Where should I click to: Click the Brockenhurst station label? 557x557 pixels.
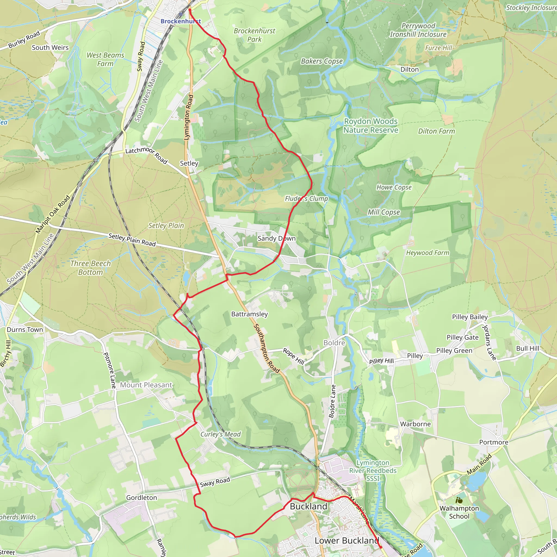(181, 21)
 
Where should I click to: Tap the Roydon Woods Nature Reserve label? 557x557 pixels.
(371, 126)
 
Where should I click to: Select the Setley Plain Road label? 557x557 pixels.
(132, 240)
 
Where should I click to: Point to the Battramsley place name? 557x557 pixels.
(249, 314)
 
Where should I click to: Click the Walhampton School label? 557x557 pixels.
(459, 512)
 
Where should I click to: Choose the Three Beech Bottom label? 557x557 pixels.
(91, 268)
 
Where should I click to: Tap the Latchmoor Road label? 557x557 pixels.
(147, 155)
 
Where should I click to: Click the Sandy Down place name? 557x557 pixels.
(277, 239)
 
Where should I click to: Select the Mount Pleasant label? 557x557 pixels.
(146, 385)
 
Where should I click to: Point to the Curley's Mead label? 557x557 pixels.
(221, 434)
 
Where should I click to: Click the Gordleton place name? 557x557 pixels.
(141, 498)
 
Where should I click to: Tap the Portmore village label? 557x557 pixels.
(494, 442)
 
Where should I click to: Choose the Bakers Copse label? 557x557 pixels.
(322, 61)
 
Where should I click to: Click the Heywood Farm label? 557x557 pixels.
(428, 253)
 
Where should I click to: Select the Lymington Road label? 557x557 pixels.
(188, 117)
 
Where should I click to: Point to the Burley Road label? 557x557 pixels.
(24, 40)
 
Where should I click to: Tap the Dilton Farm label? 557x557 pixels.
(437, 131)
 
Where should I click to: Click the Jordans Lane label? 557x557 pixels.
(489, 342)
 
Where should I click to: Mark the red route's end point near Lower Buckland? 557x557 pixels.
(380, 547)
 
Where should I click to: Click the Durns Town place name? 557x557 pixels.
(25, 330)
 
